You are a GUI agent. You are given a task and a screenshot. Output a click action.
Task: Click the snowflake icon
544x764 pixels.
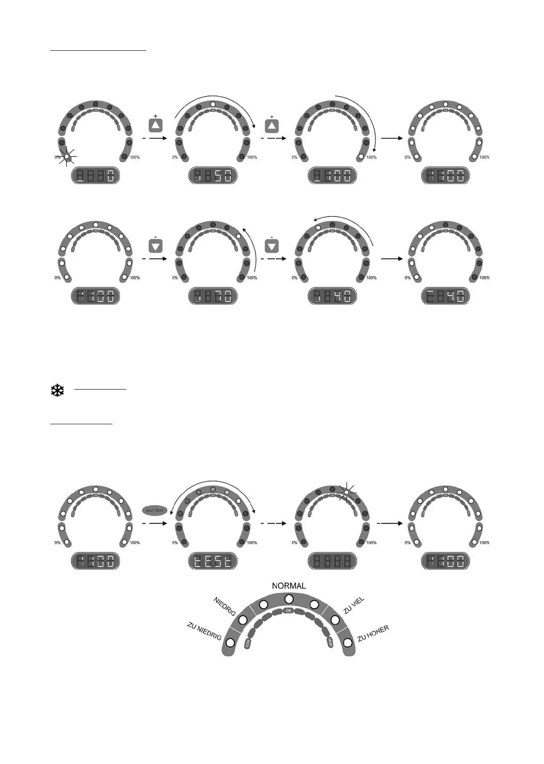pyautogui.click(x=57, y=391)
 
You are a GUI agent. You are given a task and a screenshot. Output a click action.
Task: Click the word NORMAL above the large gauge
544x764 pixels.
pyautogui.click(x=289, y=586)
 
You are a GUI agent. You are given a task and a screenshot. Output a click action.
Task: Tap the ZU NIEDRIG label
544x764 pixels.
pyautogui.click(x=204, y=631)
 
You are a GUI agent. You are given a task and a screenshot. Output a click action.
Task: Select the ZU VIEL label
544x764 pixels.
pyautogui.click(x=354, y=606)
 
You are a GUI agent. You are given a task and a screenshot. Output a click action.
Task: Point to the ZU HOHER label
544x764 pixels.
pyautogui.click(x=373, y=633)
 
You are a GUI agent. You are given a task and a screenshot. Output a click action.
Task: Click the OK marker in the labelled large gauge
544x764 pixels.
pyautogui.click(x=288, y=611)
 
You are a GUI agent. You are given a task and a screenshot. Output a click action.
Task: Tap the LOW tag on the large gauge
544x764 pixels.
pyautogui.click(x=248, y=643)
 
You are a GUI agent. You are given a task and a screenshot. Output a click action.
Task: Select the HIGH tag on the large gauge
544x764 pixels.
pyautogui.click(x=330, y=642)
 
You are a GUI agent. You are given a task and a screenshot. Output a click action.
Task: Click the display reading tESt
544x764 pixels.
pyautogui.click(x=213, y=561)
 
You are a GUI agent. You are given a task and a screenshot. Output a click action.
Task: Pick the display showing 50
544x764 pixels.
pyautogui.click(x=213, y=176)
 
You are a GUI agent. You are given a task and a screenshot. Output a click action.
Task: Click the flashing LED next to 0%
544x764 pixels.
pyautogui.click(x=67, y=157)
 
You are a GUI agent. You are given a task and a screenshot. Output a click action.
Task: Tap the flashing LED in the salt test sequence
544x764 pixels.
pyautogui.click(x=347, y=492)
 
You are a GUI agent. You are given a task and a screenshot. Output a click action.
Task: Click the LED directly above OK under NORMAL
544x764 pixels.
pyautogui.click(x=289, y=599)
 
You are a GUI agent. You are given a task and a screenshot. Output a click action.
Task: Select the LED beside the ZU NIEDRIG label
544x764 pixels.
pyautogui.click(x=230, y=643)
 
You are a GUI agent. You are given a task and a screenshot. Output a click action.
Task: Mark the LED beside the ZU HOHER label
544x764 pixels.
pyautogui.click(x=348, y=643)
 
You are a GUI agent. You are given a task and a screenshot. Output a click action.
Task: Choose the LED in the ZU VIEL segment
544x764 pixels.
pyautogui.click(x=335, y=620)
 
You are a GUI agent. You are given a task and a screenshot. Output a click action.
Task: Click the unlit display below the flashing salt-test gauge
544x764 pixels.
pyautogui.click(x=332, y=561)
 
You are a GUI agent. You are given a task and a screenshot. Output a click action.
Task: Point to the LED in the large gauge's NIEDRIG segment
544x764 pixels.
pyautogui.click(x=243, y=620)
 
